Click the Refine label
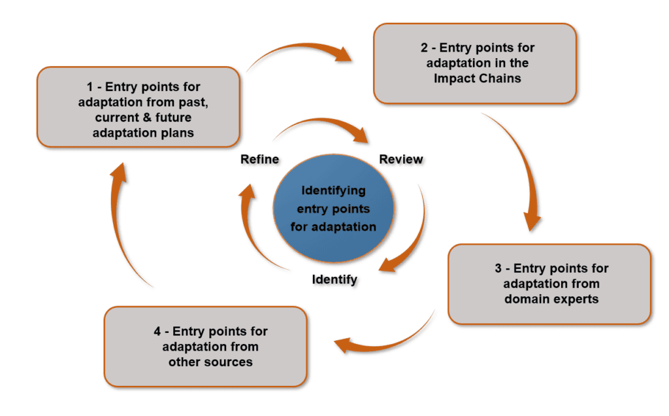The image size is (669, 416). click(x=259, y=159)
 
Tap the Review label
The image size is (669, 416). click(x=401, y=159)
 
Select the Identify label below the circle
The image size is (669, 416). click(x=334, y=279)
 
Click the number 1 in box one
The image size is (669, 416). click(x=91, y=86)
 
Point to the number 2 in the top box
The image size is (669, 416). click(x=425, y=48)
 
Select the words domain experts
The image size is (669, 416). click(x=551, y=299)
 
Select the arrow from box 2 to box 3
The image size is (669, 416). click(x=523, y=170)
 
